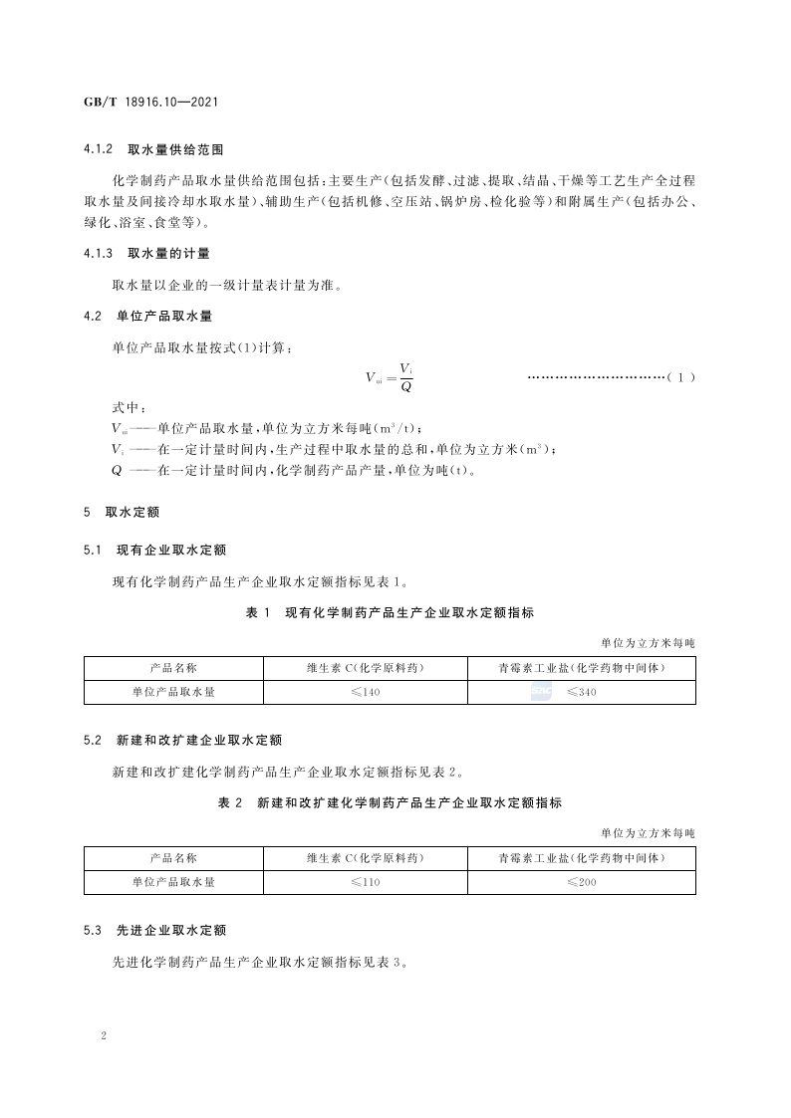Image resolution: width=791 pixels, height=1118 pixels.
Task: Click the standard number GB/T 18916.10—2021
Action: click(x=150, y=103)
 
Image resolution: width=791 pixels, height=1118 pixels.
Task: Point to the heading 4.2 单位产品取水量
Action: click(x=146, y=316)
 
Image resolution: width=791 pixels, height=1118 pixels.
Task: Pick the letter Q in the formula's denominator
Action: click(x=405, y=386)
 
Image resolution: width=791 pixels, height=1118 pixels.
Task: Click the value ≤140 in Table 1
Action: click(x=366, y=692)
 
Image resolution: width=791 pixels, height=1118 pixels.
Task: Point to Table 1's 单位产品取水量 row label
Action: click(x=173, y=692)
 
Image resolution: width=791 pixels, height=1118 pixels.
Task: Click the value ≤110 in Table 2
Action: click(x=366, y=882)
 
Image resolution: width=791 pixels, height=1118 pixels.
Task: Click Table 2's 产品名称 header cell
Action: click(x=173, y=857)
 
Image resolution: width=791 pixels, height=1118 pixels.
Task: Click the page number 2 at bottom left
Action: click(x=104, y=1035)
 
